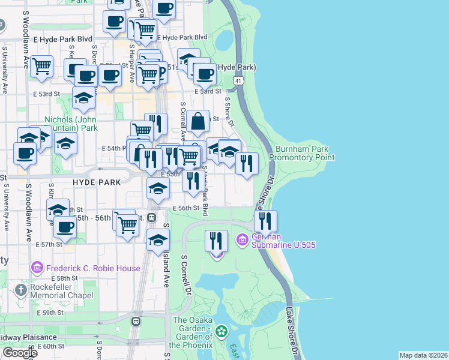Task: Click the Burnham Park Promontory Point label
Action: point(301,153)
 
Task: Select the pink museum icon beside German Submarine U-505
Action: point(243,241)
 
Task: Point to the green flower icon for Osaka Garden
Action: point(221,331)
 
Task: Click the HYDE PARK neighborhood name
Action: point(97,181)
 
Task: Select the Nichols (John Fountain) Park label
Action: point(71,124)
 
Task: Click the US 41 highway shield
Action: point(239,80)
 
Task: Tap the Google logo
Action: point(19,353)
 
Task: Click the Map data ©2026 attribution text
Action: point(423,355)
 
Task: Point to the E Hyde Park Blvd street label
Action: point(183,37)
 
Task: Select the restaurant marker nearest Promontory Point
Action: point(247,162)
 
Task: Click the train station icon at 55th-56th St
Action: point(152,217)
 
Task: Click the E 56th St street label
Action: point(185,208)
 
